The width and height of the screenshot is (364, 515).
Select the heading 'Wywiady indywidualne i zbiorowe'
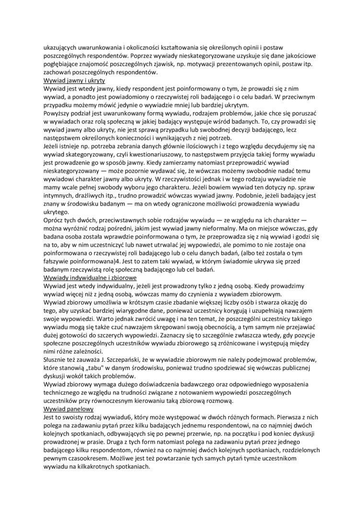(x=91, y=277)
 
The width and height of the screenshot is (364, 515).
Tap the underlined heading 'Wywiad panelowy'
(x=68, y=409)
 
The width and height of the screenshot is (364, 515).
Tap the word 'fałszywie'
(x=58, y=262)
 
